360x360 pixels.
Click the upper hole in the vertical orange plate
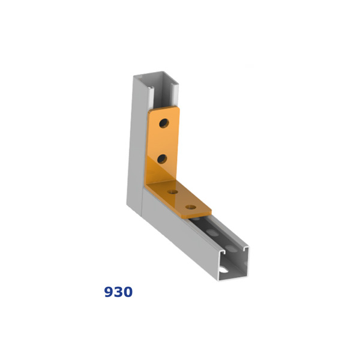(164, 123)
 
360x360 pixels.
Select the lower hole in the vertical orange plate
(162, 159)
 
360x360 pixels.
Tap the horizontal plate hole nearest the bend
(173, 192)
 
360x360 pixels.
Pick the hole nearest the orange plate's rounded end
(191, 207)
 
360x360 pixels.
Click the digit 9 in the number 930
(109, 292)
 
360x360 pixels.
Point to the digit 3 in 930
(118, 292)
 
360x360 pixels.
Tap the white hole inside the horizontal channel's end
(224, 269)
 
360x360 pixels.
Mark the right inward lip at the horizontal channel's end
(245, 248)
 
